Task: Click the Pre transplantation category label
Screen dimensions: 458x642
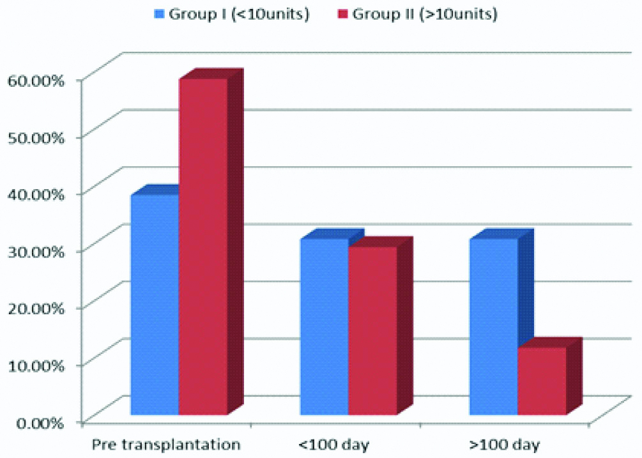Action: pyautogui.click(x=166, y=443)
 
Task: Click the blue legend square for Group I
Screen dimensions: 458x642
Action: pyautogui.click(x=157, y=15)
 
